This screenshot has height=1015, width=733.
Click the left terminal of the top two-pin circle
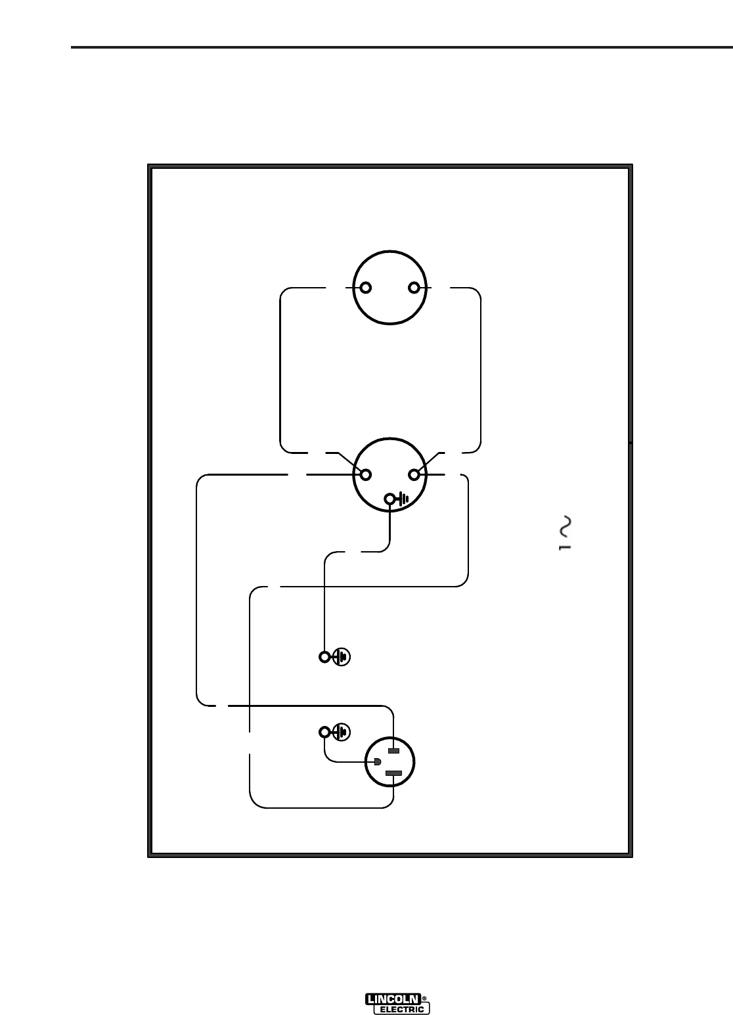tap(365, 288)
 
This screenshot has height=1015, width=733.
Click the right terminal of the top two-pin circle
tap(414, 288)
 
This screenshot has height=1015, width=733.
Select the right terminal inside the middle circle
tap(414, 474)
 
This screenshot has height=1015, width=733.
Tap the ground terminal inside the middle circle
tap(390, 499)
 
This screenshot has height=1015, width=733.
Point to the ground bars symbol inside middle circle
tap(403, 499)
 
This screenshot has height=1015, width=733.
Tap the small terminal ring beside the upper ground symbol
tap(324, 656)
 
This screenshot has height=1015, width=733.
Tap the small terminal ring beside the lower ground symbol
tap(324, 732)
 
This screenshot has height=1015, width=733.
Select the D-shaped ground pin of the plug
tap(377, 762)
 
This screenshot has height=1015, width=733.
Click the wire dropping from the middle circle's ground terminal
tap(390, 526)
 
